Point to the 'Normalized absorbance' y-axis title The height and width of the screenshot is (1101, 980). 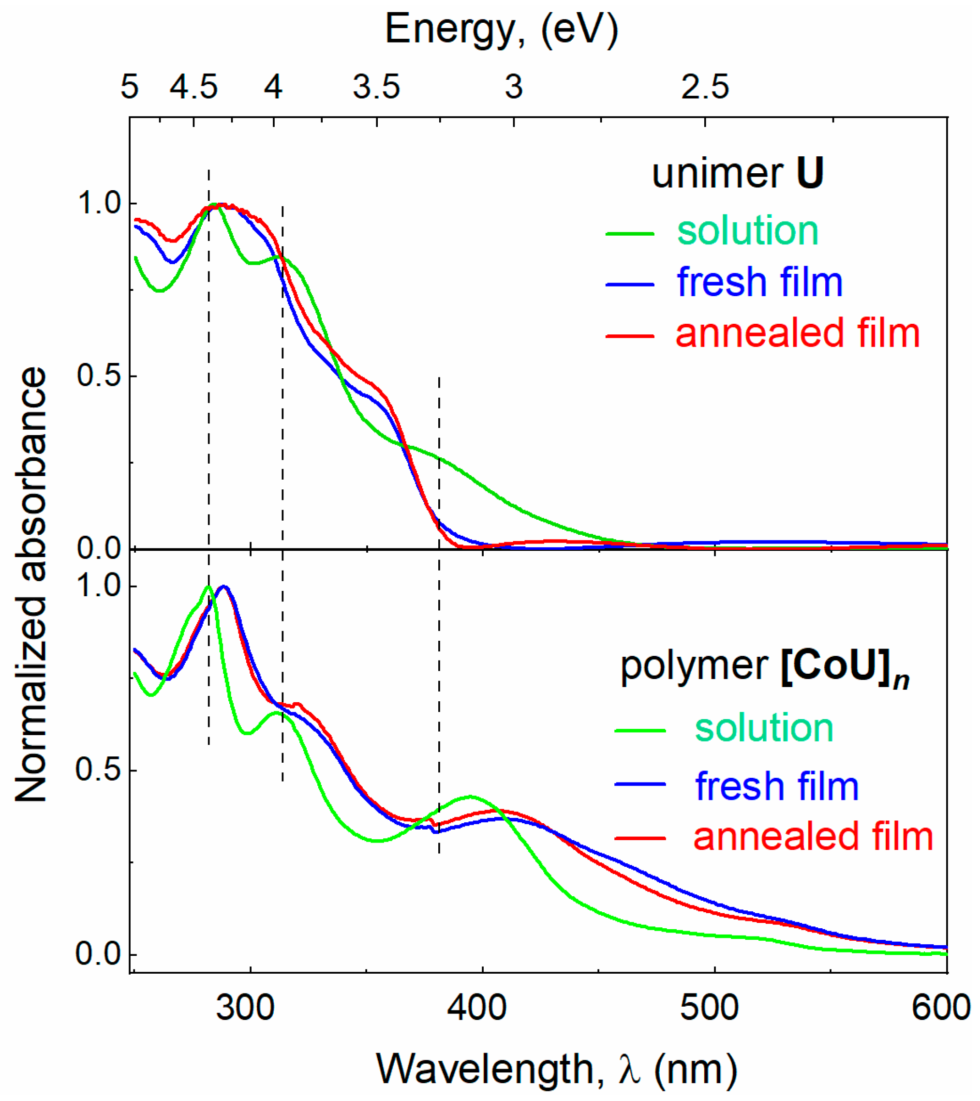[30, 585]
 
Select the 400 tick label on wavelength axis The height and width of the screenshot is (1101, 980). [477, 1007]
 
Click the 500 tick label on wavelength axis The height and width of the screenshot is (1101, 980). [709, 1007]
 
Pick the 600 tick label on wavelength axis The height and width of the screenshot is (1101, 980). [940, 1007]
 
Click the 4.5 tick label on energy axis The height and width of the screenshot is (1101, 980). [194, 87]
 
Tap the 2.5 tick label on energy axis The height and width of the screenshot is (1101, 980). [705, 87]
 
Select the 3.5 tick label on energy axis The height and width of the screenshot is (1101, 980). [377, 87]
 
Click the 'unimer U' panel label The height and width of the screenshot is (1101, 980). [738, 174]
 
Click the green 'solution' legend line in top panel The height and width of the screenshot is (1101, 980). [630, 234]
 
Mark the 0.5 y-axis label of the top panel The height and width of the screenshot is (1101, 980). [99, 376]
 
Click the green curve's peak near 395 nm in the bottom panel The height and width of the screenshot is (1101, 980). [471, 796]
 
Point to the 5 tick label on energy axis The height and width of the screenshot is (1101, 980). [130, 87]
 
